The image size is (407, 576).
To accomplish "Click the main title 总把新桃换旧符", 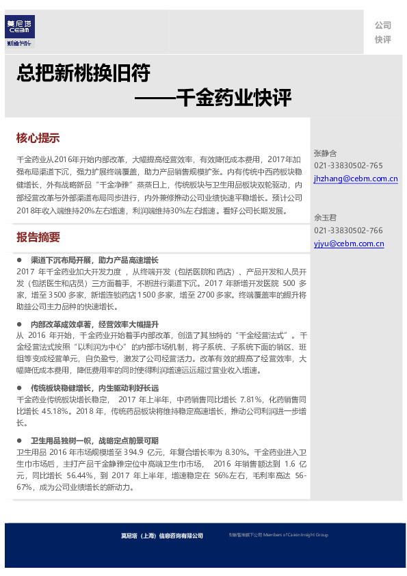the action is (83, 73).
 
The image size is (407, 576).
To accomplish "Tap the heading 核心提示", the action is (38, 138).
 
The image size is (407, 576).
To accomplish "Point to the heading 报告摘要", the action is (38, 237).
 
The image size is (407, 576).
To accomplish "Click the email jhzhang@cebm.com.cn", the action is (356, 179).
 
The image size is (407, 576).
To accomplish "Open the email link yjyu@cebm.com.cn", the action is (349, 244).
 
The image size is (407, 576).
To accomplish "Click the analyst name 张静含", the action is (325, 153).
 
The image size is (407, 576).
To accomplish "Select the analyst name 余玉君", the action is (325, 218).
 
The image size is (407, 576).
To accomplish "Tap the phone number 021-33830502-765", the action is (348, 166).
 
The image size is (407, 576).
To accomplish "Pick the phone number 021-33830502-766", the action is (348, 231).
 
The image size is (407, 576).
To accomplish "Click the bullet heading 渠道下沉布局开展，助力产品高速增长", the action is (94, 260).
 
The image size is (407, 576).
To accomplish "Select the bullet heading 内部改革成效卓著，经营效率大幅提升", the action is (94, 324).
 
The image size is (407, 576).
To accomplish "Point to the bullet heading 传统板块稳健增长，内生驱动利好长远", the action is (94, 388).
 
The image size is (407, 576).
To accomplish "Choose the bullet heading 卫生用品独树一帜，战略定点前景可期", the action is (94, 441).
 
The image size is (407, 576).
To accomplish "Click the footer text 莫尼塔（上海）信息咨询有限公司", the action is (158, 536).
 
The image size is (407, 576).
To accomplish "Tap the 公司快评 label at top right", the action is (382, 32).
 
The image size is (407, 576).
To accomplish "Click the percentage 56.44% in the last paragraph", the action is (80, 475).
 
